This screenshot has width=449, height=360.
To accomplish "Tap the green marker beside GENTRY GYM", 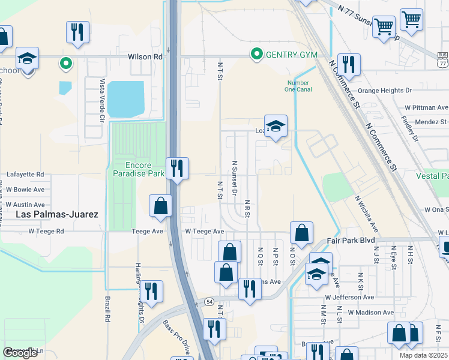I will (257, 55).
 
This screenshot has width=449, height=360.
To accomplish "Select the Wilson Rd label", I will (145, 56).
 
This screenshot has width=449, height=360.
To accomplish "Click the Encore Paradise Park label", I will (139, 169).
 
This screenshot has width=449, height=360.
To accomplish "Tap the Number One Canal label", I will (297, 86).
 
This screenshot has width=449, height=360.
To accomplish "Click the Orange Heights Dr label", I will (385, 91).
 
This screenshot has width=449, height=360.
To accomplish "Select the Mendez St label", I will (430, 121).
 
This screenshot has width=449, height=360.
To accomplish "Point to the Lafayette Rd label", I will (25, 175).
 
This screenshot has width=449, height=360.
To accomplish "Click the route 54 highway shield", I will (208, 301).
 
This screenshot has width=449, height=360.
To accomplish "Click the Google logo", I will (20, 353).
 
